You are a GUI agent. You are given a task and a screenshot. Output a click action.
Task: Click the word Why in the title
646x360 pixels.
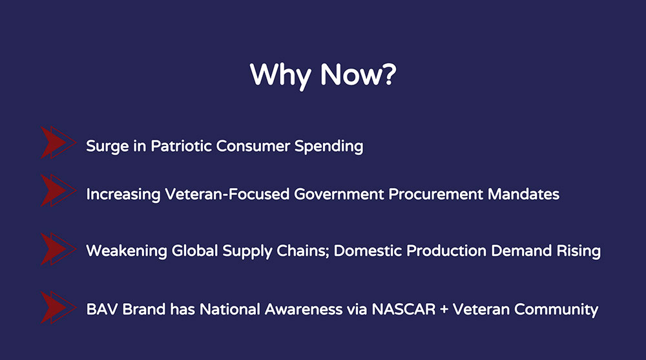(x=280, y=76)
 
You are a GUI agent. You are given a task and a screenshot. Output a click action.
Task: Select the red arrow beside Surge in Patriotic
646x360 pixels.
(x=58, y=143)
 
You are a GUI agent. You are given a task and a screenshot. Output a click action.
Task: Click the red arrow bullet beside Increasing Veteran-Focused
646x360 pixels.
(x=58, y=191)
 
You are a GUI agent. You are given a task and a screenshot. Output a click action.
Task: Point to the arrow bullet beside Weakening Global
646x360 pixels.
(x=58, y=249)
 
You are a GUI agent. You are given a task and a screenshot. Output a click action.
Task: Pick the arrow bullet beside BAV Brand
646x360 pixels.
(x=58, y=308)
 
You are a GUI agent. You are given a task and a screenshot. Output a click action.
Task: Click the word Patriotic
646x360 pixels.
(x=181, y=146)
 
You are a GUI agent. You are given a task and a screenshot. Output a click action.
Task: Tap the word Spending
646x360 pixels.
(x=329, y=147)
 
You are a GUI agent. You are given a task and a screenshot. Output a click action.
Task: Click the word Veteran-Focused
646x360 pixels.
(x=227, y=194)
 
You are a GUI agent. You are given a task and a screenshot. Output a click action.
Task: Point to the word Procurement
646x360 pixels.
(x=435, y=194)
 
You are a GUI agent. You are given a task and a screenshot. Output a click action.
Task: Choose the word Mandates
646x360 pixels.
(x=524, y=194)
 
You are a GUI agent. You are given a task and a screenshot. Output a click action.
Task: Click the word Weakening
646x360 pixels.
(x=127, y=251)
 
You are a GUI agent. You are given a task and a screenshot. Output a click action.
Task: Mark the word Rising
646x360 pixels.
(x=578, y=251)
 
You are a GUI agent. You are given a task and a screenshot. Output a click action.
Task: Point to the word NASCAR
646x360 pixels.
(x=404, y=310)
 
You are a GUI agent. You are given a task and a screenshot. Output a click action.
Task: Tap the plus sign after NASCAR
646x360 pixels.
(x=444, y=310)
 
